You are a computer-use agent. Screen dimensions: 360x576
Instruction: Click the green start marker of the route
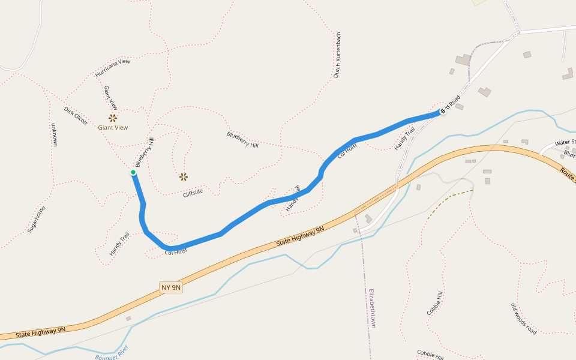133,173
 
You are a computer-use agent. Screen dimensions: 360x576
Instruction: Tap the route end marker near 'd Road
443,111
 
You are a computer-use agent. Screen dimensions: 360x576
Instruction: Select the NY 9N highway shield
171,287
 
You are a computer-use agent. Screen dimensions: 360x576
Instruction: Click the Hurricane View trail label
112,68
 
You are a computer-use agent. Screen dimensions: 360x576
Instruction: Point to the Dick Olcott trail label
76,116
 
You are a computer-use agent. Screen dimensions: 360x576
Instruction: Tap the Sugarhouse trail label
37,220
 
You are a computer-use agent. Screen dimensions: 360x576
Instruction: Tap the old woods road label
523,319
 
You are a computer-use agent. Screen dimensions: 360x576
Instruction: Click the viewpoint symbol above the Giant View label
113,118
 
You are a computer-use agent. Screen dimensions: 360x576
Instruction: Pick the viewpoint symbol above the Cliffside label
184,176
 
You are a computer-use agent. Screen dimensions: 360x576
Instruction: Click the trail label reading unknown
54,135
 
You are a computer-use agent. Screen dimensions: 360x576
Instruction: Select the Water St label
565,143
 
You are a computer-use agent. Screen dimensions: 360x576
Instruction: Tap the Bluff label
569,154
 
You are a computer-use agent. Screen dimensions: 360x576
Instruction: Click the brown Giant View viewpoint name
113,127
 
